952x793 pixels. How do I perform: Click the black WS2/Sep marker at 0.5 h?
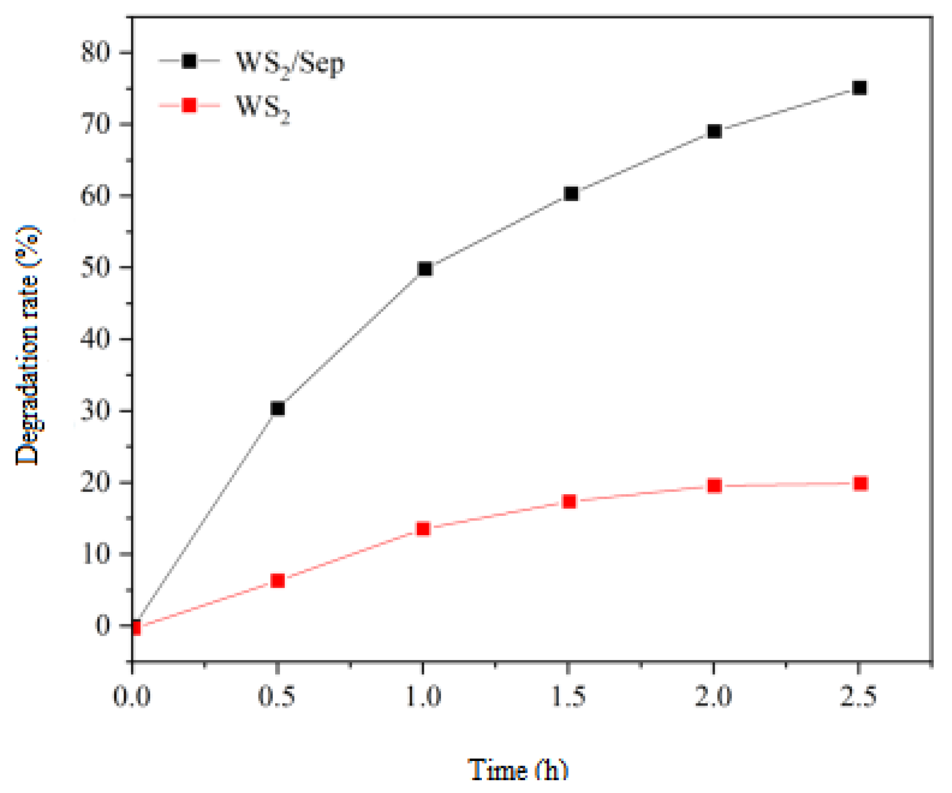pyautogui.click(x=278, y=409)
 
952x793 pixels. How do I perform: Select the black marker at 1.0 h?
pyautogui.click(x=424, y=269)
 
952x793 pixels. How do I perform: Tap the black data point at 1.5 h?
pyautogui.click(x=571, y=193)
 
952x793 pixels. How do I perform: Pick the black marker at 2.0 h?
pyautogui.click(x=714, y=131)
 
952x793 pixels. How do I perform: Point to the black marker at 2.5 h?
pyautogui.click(x=859, y=88)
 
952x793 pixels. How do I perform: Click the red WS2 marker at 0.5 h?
pyautogui.click(x=278, y=581)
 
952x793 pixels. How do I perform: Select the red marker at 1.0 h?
pyautogui.click(x=423, y=529)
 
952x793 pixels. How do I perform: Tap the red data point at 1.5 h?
pyautogui.click(x=570, y=502)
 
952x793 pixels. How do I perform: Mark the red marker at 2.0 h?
pyautogui.click(x=714, y=486)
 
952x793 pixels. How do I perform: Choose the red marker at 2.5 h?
pyautogui.click(x=860, y=483)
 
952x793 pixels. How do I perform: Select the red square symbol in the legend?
pyautogui.click(x=189, y=105)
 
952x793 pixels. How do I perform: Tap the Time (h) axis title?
pyautogui.click(x=518, y=769)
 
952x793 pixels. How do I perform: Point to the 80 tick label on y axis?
pyautogui.click(x=95, y=52)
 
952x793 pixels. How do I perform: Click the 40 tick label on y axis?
pyautogui.click(x=95, y=339)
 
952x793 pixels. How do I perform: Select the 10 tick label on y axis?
pyautogui.click(x=95, y=554)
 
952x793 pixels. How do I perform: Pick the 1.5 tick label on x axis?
pyautogui.click(x=569, y=697)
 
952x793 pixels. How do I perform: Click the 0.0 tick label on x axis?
pyautogui.click(x=132, y=697)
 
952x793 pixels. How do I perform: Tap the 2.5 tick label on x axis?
pyautogui.click(x=859, y=697)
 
